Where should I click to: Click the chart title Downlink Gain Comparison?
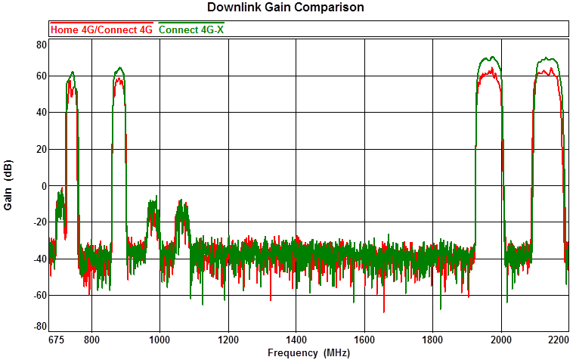286,8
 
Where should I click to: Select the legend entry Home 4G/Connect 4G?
101,29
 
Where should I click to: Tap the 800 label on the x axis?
92,340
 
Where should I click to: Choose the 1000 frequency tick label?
160,340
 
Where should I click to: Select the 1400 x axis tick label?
296,340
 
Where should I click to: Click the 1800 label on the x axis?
432,340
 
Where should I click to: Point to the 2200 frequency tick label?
558,340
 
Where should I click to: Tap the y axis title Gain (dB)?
9,187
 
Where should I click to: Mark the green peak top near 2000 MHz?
492,57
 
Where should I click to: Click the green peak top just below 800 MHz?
73,73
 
